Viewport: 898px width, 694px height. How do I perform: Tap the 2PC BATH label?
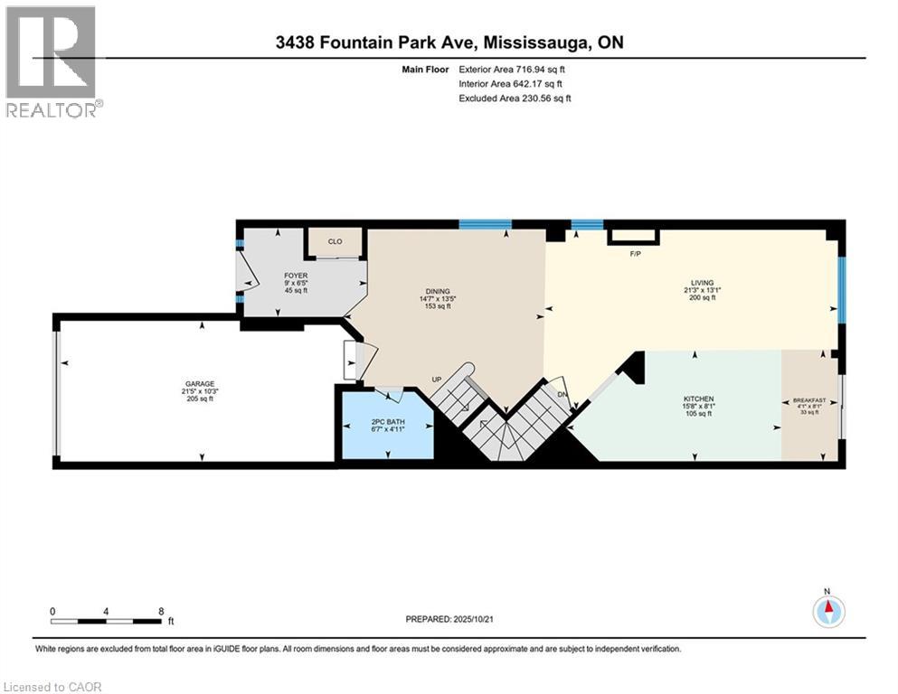click(384, 420)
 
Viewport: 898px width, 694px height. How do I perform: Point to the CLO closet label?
click(335, 241)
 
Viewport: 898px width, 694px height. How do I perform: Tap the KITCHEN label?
click(699, 399)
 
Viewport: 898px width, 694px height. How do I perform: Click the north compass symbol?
click(827, 612)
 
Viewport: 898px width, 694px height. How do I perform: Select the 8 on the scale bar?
click(160, 611)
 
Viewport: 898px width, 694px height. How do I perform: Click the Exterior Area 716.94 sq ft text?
click(513, 68)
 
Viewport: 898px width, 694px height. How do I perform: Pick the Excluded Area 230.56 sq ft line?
click(515, 98)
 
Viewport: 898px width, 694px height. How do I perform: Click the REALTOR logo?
click(52, 61)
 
